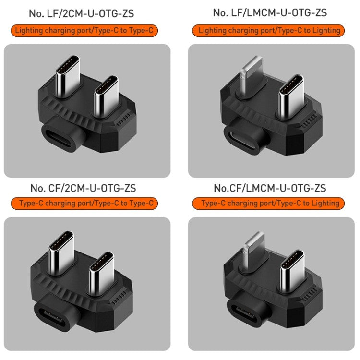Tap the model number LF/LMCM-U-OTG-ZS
click(x=270, y=13)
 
